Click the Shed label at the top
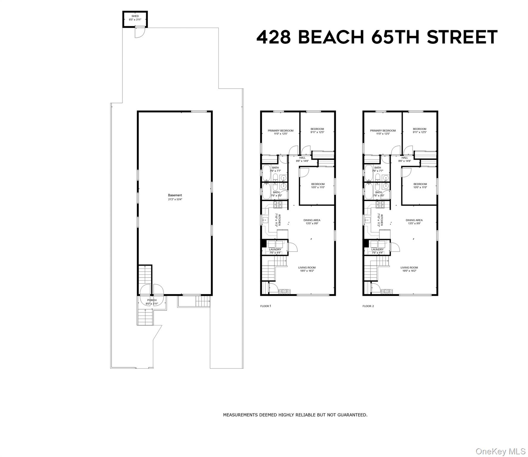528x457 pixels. pos(135,16)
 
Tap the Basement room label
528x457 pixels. pos(175,195)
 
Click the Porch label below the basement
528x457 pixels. pos(152,300)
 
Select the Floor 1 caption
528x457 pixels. pos(266,306)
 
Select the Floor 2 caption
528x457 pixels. pos(368,306)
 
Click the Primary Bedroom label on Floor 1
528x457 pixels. pos(280,130)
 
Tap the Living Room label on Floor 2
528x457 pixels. pos(409,267)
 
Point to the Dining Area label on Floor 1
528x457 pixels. pos(312,220)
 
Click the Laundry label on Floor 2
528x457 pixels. pos(377,249)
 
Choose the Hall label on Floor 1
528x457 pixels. pos(302,158)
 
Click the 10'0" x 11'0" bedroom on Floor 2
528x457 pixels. pos(420,186)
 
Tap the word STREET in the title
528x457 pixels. pos(462,37)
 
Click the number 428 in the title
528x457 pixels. pos(273,37)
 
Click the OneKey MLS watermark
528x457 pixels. pos(500,451)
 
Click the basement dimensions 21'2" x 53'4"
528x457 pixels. pos(175,199)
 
